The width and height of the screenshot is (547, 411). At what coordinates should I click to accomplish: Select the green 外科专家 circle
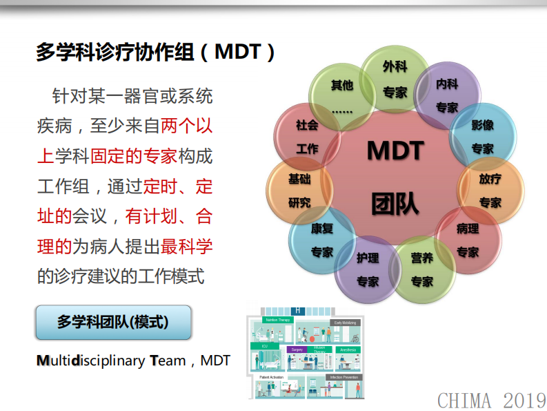395,79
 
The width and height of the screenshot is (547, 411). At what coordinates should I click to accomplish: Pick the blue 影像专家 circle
482,136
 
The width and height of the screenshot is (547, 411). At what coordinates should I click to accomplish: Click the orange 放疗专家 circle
490,190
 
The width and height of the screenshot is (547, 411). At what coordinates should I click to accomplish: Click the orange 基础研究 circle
299,190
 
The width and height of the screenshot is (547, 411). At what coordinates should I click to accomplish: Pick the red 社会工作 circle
307,137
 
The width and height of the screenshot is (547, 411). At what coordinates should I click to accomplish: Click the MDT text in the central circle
395,151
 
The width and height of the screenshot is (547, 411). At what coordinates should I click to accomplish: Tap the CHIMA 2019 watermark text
491,399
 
